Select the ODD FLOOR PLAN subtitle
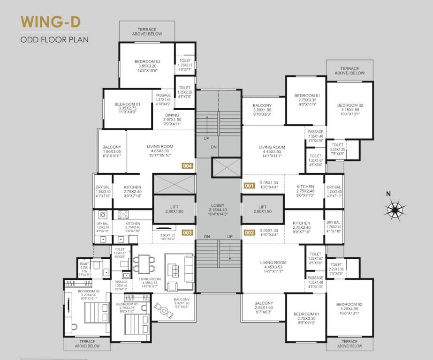[x=54, y=39]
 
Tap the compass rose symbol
[x=395, y=208]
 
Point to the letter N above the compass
[x=388, y=193]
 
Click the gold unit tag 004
[x=188, y=165]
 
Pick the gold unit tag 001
[x=249, y=185]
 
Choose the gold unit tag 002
[x=249, y=232]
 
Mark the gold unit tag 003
[x=188, y=232]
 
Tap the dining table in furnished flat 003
[x=143, y=264]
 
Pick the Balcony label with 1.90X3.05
[x=112, y=151]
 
